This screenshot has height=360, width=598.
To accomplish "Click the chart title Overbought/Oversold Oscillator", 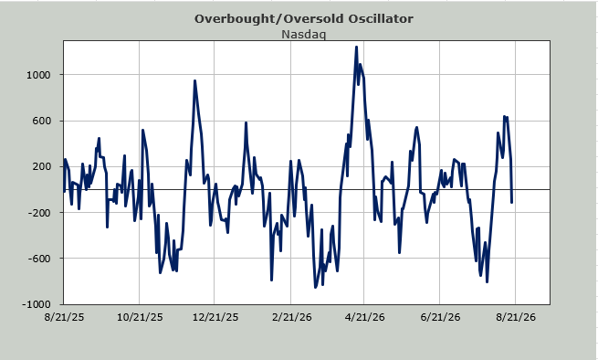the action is [304, 18].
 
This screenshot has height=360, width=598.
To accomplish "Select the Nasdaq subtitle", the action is [304, 34].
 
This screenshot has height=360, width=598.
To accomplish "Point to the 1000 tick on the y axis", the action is [38, 75].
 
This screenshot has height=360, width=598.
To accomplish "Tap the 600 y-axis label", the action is [42, 121].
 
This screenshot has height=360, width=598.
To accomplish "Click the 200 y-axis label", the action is [42, 166].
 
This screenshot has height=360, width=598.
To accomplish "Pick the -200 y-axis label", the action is [39, 213].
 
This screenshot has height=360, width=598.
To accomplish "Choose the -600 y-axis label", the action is [39, 259].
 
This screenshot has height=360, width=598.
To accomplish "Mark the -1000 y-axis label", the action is [37, 304].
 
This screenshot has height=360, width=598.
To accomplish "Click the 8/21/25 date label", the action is [64, 317].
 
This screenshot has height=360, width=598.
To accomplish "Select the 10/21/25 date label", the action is [140, 317].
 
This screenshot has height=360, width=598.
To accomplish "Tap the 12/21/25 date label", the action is [215, 317].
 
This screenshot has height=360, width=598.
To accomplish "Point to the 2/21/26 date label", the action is [292, 317].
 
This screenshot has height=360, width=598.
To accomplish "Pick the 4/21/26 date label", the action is [365, 317].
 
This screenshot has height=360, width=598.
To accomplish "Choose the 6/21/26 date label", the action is [440, 317].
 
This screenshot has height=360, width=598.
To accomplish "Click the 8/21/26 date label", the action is [516, 317].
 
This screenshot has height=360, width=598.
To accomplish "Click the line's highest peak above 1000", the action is [356, 48].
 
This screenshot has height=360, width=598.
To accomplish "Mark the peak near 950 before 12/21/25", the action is [194, 81].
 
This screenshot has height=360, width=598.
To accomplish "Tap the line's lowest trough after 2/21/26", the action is [315, 287].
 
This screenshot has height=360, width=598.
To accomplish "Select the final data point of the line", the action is [512, 202].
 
